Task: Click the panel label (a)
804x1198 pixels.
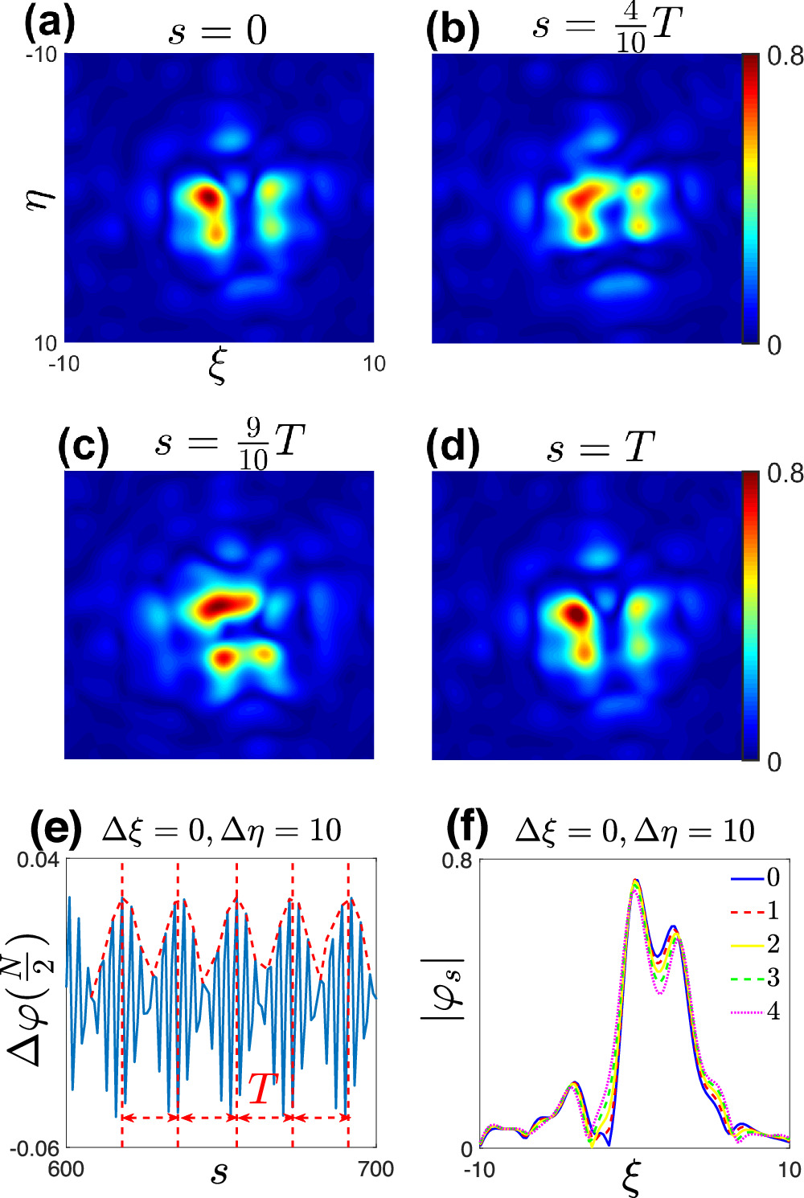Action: tap(50, 24)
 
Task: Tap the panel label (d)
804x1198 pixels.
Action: tap(453, 447)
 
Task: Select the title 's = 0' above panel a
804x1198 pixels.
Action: tap(217, 31)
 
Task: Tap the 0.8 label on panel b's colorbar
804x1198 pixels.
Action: tap(785, 55)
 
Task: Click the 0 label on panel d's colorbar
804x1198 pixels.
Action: tap(773, 761)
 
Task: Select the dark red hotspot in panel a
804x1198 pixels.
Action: tap(208, 196)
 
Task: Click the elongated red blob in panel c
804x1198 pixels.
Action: tap(228, 605)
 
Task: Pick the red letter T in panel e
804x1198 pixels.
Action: tap(262, 1090)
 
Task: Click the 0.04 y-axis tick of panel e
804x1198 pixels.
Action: tap(39, 861)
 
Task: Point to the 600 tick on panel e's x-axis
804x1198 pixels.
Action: tap(66, 1169)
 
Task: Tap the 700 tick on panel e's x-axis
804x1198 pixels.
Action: tap(375, 1169)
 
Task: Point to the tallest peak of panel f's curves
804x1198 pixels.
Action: tap(635, 881)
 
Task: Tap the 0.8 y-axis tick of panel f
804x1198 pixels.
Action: tap(457, 861)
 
